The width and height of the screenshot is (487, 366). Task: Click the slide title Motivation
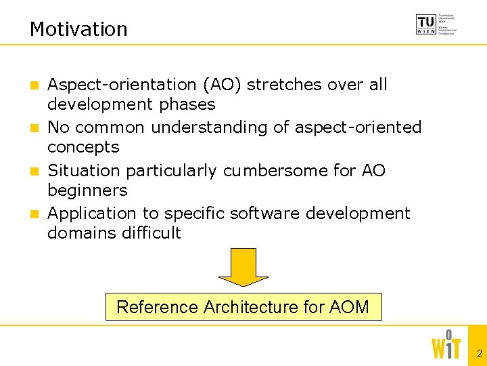coord(78,29)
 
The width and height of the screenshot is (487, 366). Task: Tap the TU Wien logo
coord(436,24)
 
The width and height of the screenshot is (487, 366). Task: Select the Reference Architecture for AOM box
coord(243,307)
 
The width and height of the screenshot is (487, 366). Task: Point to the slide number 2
coord(479,353)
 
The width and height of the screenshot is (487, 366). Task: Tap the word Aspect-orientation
coord(122,85)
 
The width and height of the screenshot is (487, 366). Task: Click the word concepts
coord(83,147)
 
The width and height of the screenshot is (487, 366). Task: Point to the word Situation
coord(85,170)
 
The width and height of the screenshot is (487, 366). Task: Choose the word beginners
coord(87,190)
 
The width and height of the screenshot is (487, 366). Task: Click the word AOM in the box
coord(349,307)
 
